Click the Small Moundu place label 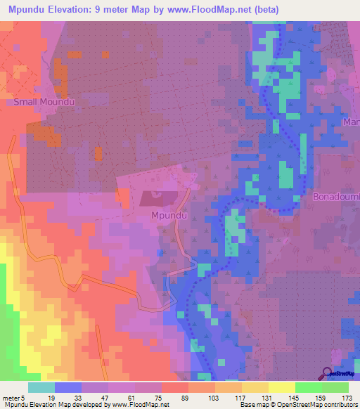44,102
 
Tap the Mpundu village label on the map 169,216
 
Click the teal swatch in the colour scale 41,387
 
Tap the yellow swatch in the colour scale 281,387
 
